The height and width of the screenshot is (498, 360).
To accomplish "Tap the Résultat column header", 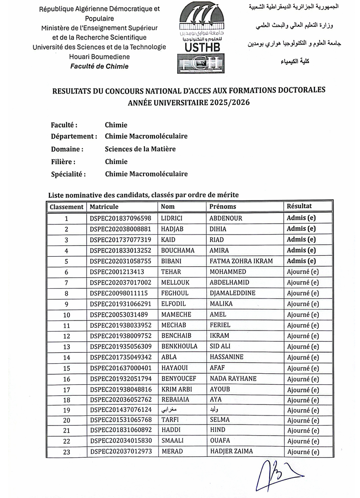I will tap(299, 206).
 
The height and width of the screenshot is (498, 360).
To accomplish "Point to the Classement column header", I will tap(66, 207).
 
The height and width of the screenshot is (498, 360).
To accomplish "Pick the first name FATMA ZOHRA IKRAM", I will tap(241, 261).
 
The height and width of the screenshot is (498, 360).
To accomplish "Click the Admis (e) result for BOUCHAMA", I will tap(301, 250).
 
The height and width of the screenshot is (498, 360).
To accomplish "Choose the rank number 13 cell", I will tap(66, 347).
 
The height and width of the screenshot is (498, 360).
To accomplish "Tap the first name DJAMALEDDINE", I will tap(233, 293).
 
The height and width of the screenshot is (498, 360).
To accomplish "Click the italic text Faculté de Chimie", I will tap(99, 66).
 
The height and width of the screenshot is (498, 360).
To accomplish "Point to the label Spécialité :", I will tap(69, 174).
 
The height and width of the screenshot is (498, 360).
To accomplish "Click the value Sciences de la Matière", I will tap(140, 149).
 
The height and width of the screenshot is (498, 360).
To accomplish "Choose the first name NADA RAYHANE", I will tap(233, 379).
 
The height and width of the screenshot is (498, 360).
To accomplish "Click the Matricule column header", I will tap(104, 207).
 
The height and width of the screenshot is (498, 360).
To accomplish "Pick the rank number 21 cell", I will tap(66, 430).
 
